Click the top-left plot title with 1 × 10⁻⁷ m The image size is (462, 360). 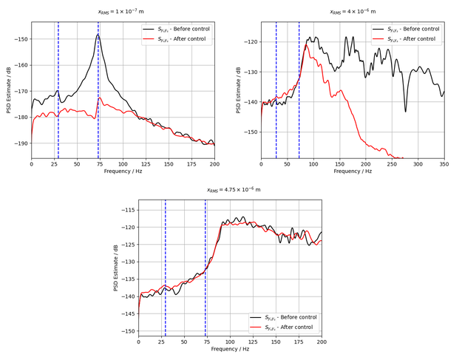pos(123,12)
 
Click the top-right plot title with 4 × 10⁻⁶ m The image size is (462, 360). pos(353,12)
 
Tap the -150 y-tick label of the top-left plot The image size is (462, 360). pos(20,39)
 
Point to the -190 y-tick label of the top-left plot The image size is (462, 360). pos(20,143)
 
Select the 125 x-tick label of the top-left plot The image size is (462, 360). pos(146,164)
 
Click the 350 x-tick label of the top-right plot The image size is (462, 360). pos(444,164)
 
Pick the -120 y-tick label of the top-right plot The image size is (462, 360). pos(250,42)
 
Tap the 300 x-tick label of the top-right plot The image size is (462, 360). pos(418,164)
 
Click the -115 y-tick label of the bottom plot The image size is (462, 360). pos(127,210)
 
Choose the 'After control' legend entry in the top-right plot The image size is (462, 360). pos(410,38)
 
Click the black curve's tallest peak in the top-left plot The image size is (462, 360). pos(98,34)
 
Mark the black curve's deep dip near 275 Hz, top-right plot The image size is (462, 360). pos(405,111)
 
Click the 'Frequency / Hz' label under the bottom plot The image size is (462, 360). pos(230,349)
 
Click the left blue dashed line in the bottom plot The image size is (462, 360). pos(166,266)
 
